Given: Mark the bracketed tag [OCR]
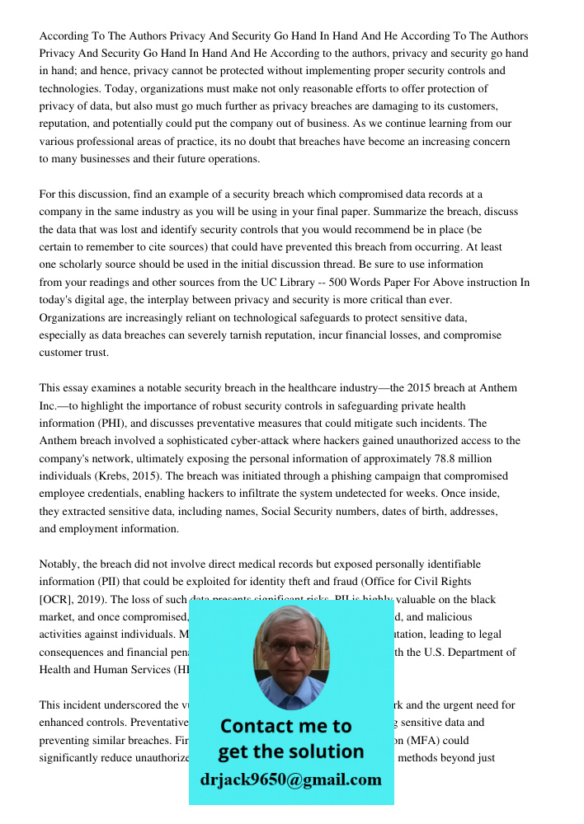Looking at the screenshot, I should tap(54, 599).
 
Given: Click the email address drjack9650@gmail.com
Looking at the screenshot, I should tap(291, 780).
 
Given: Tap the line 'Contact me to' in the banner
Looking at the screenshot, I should tap(286, 726).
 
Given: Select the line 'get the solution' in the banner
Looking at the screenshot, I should tap(290, 751).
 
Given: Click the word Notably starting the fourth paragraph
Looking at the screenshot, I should tap(60, 564).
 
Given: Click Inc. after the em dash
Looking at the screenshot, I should tap(49, 405).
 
